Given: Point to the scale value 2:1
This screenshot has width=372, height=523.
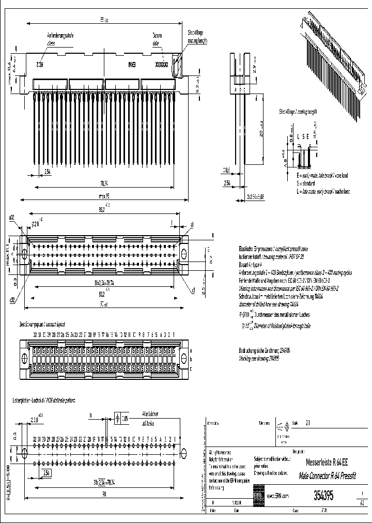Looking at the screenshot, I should pyautogui.click(x=308, y=422).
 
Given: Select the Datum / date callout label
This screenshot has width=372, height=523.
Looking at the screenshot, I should pyautogui.click(x=157, y=38).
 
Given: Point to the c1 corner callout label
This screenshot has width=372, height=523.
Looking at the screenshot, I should pyautogui.click(x=193, y=290).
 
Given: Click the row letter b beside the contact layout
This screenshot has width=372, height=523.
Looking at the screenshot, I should pyautogui.click(x=191, y=359).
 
